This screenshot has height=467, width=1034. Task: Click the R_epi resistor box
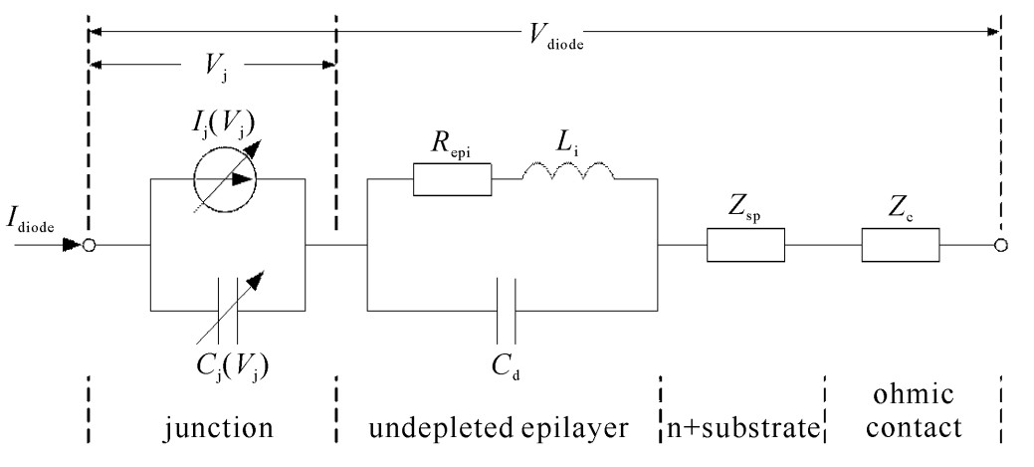coord(453,180)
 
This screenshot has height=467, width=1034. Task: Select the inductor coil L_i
coord(568,176)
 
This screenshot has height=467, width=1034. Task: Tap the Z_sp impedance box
coord(745,245)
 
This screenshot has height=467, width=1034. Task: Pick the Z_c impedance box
coord(901,245)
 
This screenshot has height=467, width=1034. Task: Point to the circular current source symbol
coord(225,180)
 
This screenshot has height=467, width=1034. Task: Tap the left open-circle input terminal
coord(90,245)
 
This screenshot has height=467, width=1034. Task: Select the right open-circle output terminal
coord(1000,245)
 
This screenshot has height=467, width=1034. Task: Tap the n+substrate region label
coord(741,429)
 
